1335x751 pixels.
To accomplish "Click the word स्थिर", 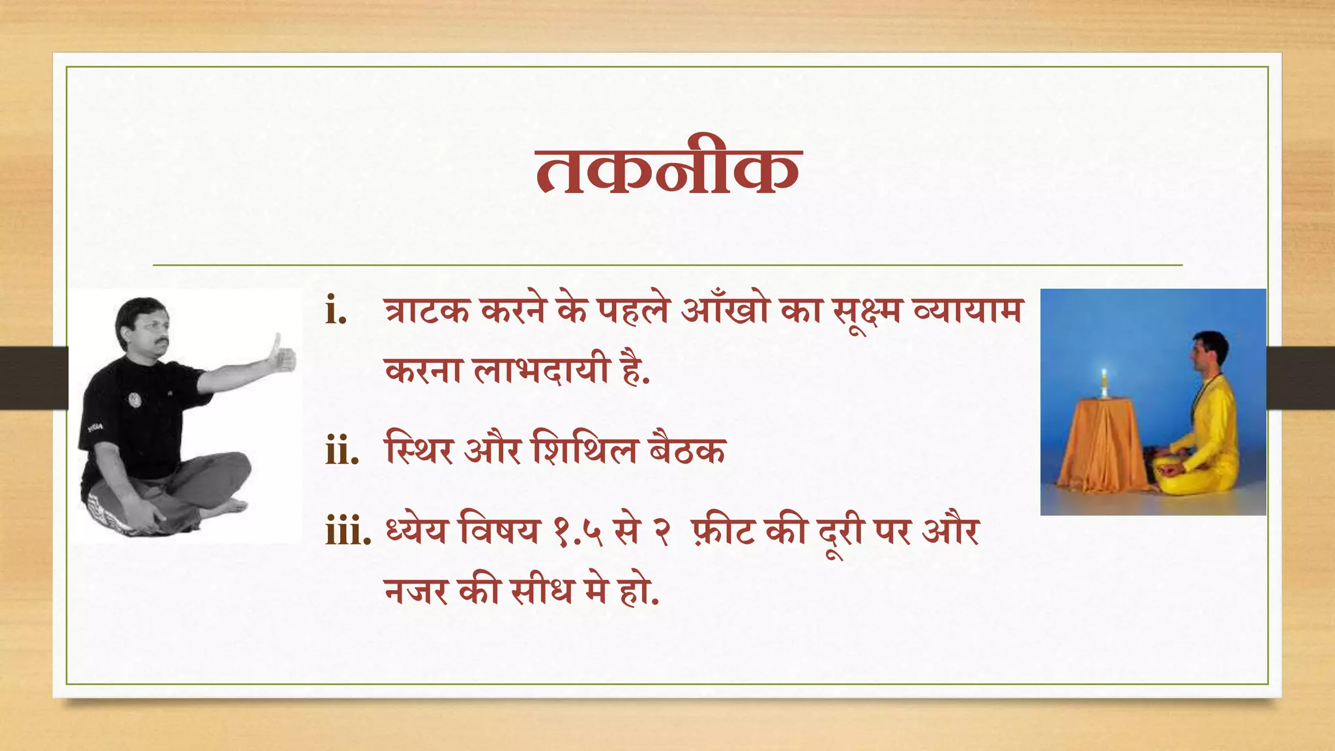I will pos(418,450).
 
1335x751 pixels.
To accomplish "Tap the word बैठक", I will pos(687,450).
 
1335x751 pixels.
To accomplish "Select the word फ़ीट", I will pos(724,531).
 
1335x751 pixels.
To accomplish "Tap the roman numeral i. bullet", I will pos(336,311).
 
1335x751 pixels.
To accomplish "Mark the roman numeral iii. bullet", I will pos(348,532).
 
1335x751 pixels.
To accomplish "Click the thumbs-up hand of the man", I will pos(281,356).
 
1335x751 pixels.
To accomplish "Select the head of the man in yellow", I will pos(1207,352).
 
